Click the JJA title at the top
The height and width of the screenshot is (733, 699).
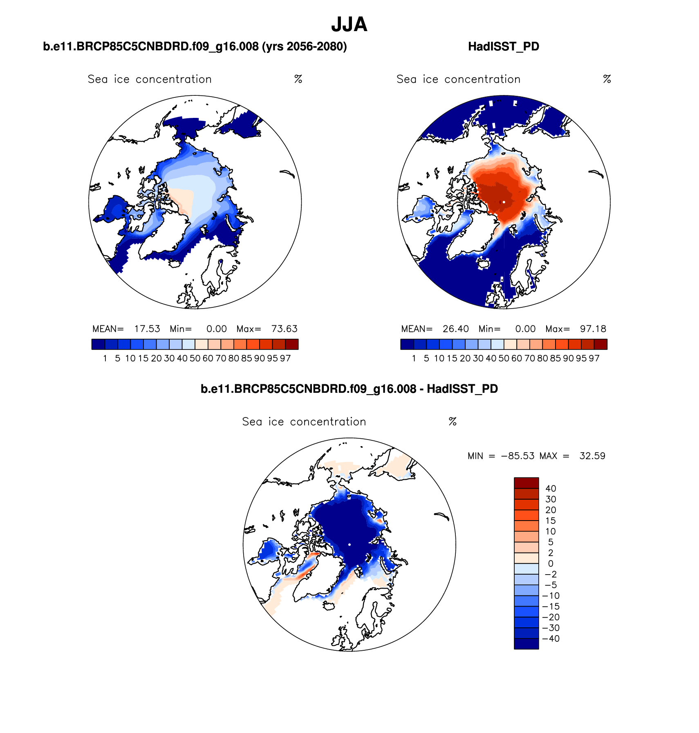349,25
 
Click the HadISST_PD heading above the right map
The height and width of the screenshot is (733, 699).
503,47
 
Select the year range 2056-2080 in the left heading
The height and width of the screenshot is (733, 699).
314,47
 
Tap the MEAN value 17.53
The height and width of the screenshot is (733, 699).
147,329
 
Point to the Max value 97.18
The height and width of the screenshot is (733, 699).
593,329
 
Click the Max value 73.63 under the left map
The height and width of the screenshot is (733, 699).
284,329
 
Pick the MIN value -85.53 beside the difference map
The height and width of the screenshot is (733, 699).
518,456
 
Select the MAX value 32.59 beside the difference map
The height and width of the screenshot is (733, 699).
592,456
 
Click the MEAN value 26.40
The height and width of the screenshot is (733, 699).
456,329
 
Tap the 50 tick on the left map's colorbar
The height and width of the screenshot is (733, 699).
195,359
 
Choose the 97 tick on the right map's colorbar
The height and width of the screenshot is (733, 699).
594,359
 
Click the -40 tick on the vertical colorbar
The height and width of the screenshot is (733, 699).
551,638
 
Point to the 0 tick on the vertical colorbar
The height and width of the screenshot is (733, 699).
551,564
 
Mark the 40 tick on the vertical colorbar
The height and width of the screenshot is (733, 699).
551,488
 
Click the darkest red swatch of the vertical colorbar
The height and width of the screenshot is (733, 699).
526,483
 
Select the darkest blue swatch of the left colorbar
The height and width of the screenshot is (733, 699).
98,344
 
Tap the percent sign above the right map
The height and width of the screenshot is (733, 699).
607,79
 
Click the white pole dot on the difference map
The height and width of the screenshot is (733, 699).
349,544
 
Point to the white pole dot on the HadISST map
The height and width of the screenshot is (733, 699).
504,202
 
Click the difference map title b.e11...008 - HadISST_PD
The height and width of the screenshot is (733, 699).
349,389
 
